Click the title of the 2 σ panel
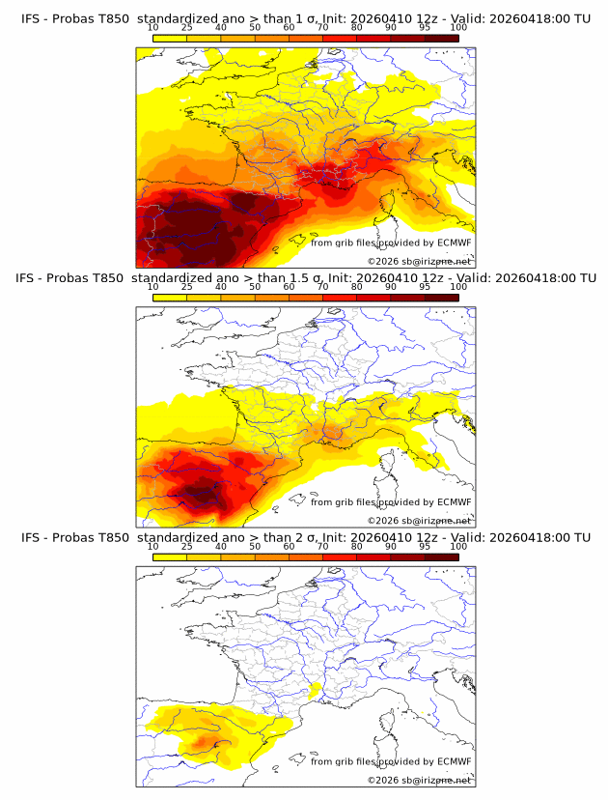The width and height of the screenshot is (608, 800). tap(304, 537)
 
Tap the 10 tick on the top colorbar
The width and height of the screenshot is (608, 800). tap(152, 27)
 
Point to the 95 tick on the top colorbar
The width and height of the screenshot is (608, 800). tap(425, 27)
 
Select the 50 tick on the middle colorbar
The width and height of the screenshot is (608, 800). tap(255, 287)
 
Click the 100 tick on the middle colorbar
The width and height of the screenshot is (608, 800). tap(458, 287)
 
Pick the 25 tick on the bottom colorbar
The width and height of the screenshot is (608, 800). tap(186, 547)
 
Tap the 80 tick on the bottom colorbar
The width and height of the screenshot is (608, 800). tap(357, 547)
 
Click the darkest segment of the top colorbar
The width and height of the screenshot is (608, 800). tap(441, 38)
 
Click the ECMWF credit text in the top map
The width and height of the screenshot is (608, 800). tap(391, 243)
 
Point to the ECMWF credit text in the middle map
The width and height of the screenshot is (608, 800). tap(391, 502)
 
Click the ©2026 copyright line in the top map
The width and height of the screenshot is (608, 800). tap(419, 262)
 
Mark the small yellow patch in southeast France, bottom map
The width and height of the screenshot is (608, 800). tap(314, 690)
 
